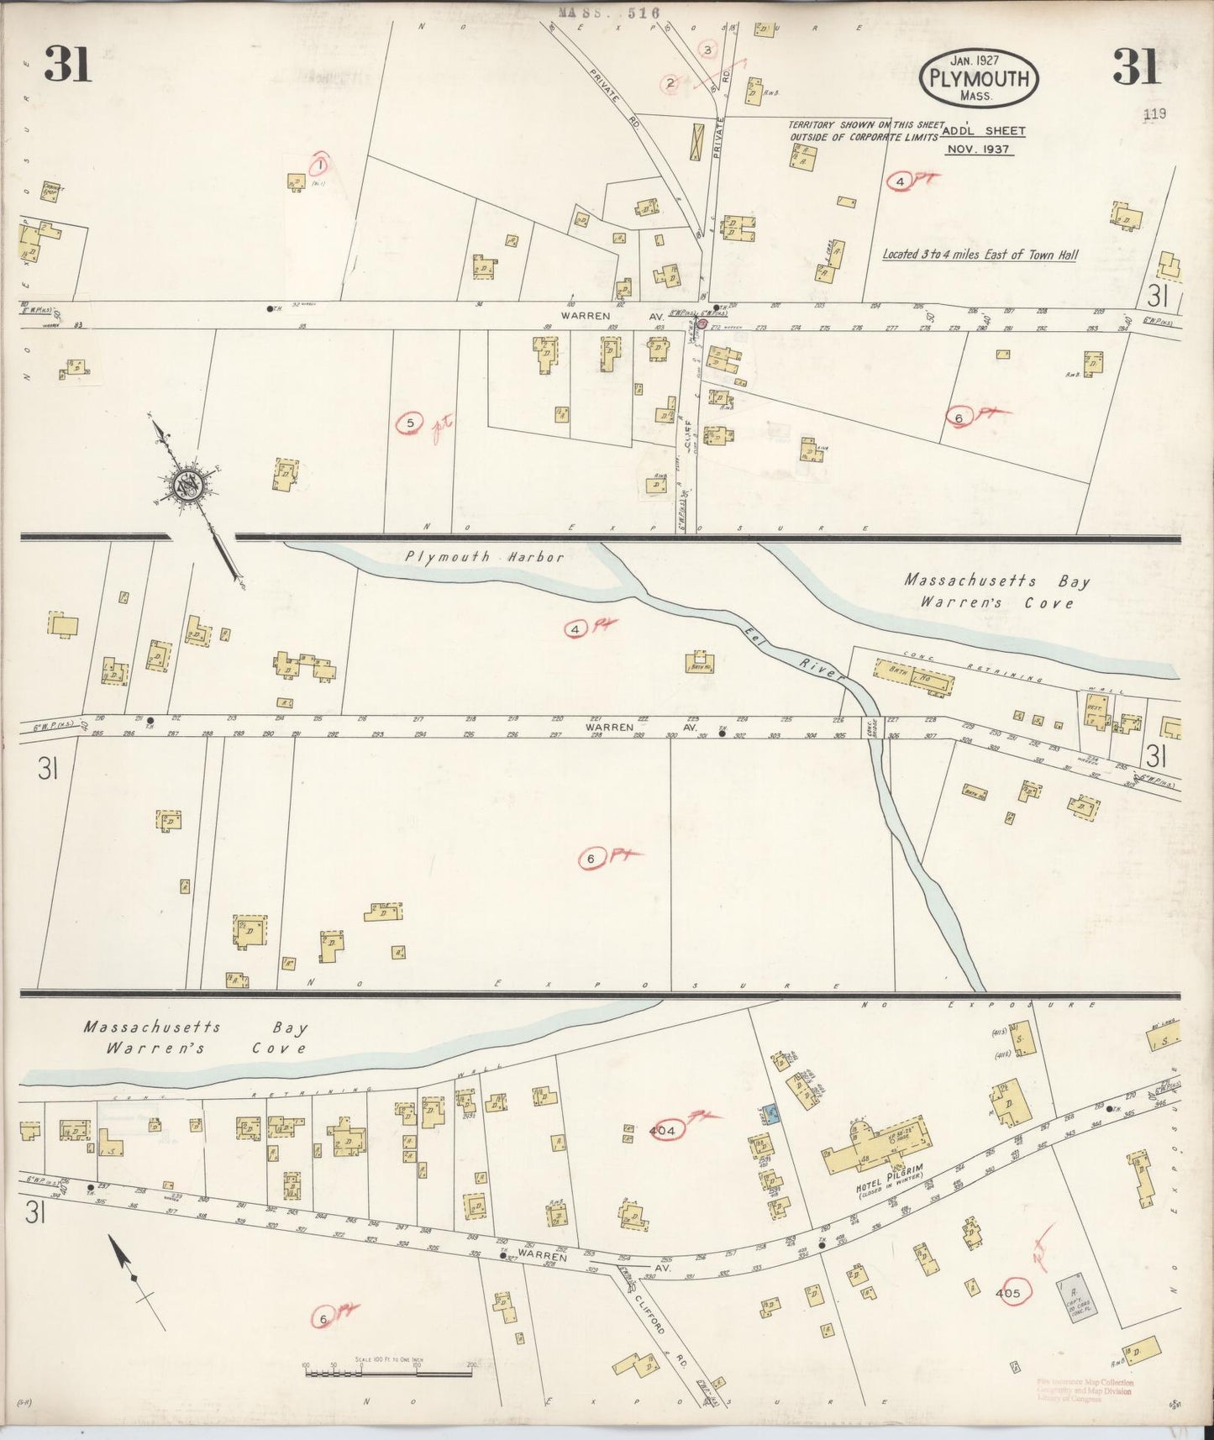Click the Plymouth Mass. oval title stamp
click(980, 79)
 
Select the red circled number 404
click(663, 1132)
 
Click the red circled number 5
click(410, 423)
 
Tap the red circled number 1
click(320, 165)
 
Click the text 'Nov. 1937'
click(979, 149)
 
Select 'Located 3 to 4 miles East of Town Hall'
click(980, 255)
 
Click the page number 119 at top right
click(1155, 113)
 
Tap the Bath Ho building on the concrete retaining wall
click(916, 676)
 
